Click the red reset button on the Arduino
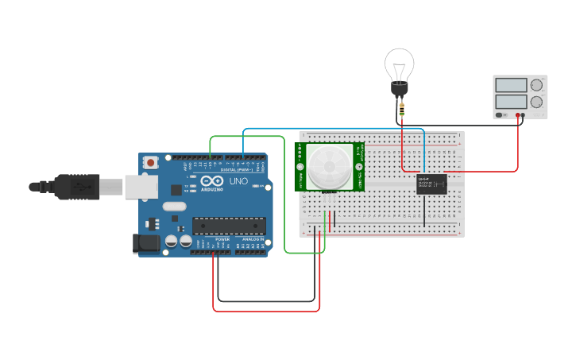click(x=150, y=162)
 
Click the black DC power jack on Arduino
click(x=145, y=243)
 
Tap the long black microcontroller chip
click(x=226, y=226)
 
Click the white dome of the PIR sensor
click(x=330, y=165)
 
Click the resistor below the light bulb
click(x=402, y=109)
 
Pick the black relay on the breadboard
click(x=431, y=184)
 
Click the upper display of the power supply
click(x=511, y=85)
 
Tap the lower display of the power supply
click(x=511, y=102)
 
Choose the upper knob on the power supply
click(x=537, y=84)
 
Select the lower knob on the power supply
click(x=537, y=102)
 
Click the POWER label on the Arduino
click(x=222, y=238)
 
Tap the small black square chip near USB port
click(x=176, y=190)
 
